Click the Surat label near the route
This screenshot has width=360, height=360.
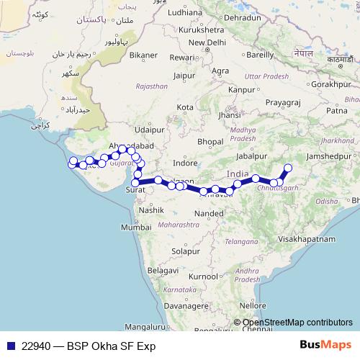coord(135,190)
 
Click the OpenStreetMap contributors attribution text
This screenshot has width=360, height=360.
coord(297,323)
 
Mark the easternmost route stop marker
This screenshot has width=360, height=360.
coord(288,168)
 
